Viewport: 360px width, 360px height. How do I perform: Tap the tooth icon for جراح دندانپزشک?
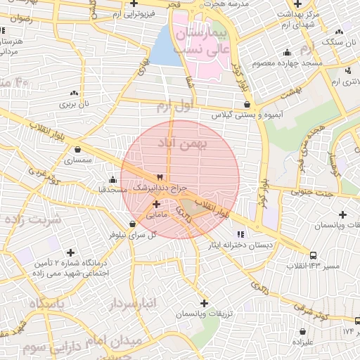point(160,176)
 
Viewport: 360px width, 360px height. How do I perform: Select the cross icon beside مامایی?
point(156,205)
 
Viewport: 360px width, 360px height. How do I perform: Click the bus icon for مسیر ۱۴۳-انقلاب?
point(313,255)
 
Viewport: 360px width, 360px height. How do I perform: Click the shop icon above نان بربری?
point(75,93)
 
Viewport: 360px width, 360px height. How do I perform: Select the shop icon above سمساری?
point(77,149)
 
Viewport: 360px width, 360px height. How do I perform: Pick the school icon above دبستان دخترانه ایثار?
point(241,234)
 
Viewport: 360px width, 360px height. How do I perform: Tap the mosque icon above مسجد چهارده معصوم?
point(287,53)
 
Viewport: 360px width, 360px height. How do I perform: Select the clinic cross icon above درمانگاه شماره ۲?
point(70,252)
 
